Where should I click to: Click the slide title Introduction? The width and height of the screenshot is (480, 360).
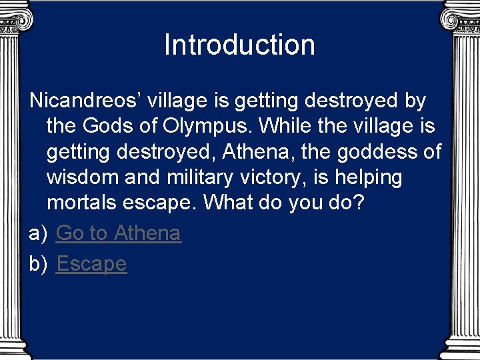(x=239, y=45)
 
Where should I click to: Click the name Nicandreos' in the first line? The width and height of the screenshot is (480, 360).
(x=85, y=101)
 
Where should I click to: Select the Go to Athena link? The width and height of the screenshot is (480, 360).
(x=119, y=233)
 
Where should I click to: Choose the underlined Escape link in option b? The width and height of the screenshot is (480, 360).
(x=91, y=264)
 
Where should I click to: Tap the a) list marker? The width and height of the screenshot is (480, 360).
(x=39, y=233)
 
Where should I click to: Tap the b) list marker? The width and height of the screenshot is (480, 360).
(x=39, y=264)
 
